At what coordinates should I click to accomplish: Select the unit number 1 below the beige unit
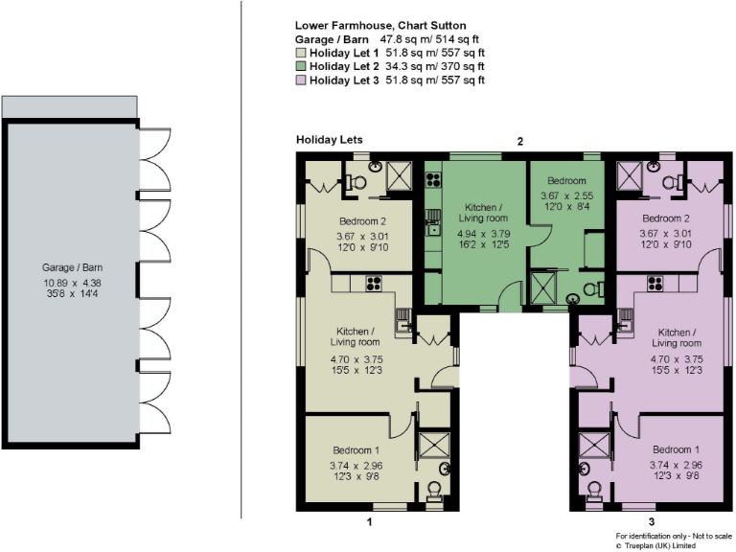tap(369, 521)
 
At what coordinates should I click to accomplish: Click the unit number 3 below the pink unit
tap(624, 521)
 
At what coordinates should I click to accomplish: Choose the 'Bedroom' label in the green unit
tap(566, 180)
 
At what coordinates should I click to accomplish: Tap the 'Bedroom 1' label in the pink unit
tap(675, 449)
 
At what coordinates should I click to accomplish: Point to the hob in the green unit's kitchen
tap(433, 179)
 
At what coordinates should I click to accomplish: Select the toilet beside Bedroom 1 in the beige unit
tap(433, 492)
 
